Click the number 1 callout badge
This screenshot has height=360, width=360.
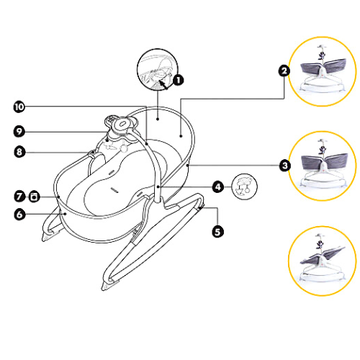[x=178, y=80]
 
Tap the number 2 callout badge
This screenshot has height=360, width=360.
[x=284, y=71]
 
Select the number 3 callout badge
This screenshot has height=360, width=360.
[x=285, y=166]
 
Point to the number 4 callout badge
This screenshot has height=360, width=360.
[x=218, y=186]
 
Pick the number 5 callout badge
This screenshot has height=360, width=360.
[x=217, y=232]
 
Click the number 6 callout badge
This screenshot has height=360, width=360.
[x=19, y=215]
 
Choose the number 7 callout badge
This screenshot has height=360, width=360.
[x=19, y=197]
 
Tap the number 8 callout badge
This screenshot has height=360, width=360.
[x=19, y=152]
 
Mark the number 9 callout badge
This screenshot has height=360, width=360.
[x=19, y=132]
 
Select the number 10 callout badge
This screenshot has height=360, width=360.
[x=19, y=107]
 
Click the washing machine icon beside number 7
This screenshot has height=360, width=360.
[x=34, y=197]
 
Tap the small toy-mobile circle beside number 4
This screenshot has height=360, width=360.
[x=244, y=186]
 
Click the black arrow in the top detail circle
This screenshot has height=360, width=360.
[x=163, y=85]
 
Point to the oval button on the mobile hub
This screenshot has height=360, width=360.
[x=122, y=124]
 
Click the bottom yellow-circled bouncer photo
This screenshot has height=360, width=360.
[x=323, y=261]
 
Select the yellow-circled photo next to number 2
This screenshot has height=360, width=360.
[x=323, y=71]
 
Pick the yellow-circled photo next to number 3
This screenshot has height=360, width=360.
[x=323, y=166]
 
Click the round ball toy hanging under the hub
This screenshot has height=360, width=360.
[x=124, y=149]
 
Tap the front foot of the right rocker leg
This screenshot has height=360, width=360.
[x=109, y=285]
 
